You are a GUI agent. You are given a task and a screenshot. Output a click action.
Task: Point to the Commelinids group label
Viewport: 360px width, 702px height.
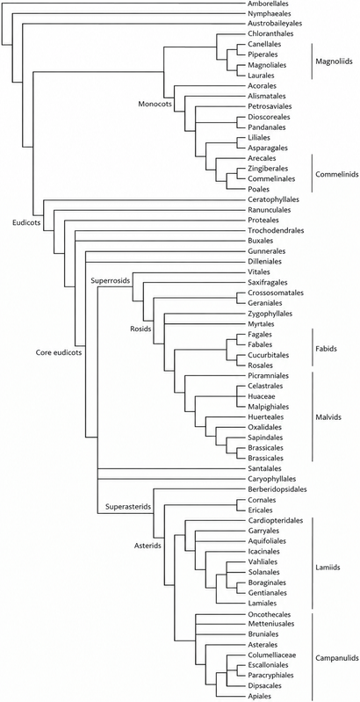(x=337, y=174)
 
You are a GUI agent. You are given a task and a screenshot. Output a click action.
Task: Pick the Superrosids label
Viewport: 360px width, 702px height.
(x=110, y=281)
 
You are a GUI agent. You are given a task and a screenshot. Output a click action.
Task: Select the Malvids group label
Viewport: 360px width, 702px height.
(x=328, y=416)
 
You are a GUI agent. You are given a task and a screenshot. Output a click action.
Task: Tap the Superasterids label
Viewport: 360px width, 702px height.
(x=127, y=507)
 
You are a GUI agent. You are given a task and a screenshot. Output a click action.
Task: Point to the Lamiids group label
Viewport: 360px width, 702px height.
(x=328, y=568)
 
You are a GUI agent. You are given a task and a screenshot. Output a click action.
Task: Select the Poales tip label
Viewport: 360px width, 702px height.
(x=258, y=189)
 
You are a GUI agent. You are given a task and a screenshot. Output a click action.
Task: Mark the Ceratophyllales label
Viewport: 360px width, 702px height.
(x=273, y=199)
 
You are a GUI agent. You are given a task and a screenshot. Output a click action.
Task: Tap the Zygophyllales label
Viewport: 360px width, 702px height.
(x=270, y=314)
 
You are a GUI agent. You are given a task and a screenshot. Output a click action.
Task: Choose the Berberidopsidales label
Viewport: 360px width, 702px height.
(x=277, y=489)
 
